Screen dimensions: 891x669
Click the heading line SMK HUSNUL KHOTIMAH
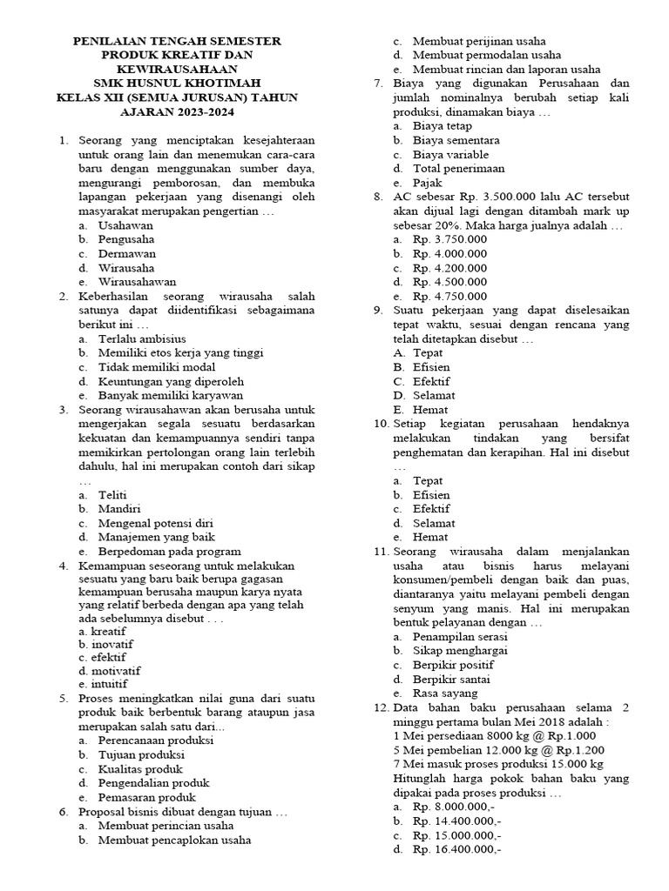coord(177,83)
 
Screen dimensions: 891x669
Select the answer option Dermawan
coord(127,253)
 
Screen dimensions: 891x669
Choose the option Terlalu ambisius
coord(142,338)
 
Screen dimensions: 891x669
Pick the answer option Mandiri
coord(120,509)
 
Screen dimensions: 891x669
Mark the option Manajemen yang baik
coord(156,537)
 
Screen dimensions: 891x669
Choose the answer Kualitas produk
coord(140,769)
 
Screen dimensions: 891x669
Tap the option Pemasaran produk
coord(145,797)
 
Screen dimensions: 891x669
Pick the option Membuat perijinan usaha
coord(480,41)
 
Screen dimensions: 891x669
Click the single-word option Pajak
coord(428,183)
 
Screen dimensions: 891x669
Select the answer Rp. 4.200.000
coord(450,268)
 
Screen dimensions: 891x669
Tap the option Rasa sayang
coord(445,693)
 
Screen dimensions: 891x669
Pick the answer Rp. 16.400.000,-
coord(457,849)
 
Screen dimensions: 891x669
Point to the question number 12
coord(381,708)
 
